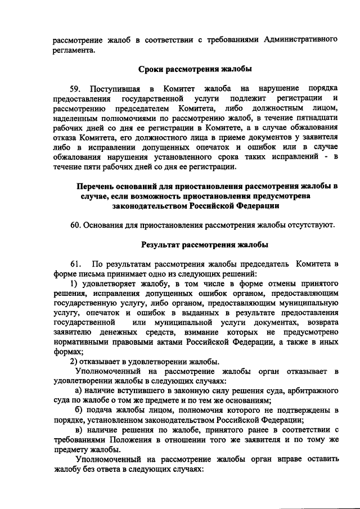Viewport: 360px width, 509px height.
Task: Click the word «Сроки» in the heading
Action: click(x=152, y=69)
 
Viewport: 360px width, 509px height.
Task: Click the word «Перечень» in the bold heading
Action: click(x=97, y=186)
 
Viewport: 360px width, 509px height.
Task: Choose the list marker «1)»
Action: click(x=73, y=283)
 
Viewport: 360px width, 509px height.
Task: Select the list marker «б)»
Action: click(x=80, y=411)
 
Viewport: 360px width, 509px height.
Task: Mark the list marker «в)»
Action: click(x=80, y=430)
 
